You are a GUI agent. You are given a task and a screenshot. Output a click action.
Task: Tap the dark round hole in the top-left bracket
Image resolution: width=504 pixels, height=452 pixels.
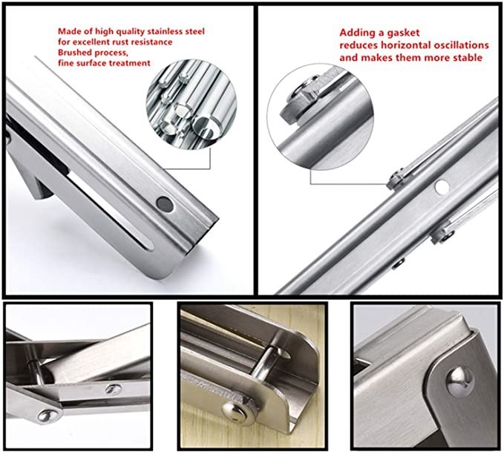165,204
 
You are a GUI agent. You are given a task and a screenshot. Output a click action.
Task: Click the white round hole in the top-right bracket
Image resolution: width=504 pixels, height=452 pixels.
442,186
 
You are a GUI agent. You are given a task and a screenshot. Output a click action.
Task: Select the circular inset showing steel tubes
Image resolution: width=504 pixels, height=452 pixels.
191,103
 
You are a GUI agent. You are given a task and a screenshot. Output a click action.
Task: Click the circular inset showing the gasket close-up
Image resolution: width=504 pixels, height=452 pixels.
320,117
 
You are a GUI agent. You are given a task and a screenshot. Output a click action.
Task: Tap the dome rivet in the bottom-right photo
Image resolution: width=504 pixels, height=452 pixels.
461,381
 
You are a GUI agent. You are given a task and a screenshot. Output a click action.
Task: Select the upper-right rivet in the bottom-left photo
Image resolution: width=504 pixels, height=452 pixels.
113,389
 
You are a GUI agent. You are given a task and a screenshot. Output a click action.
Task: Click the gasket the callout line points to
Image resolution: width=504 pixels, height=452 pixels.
396,180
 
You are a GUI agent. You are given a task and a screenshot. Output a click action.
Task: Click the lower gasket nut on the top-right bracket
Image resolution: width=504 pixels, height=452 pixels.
442,232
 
